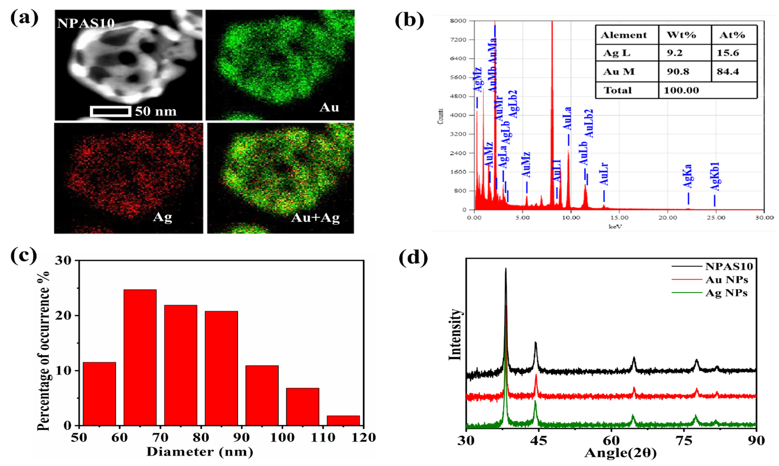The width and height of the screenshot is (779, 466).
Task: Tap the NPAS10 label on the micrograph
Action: pyautogui.click(x=86, y=24)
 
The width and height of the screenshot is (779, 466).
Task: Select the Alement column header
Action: pyautogui.click(x=624, y=35)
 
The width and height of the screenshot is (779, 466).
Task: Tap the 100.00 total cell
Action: pyautogui.click(x=681, y=90)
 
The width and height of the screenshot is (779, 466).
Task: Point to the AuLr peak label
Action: pyautogui.click(x=604, y=174)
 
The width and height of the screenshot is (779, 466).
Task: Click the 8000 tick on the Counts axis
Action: pyautogui.click(x=458, y=21)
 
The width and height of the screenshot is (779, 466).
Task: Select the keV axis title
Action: pyautogui.click(x=615, y=226)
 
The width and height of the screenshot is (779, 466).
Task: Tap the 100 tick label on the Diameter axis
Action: pyautogui.click(x=282, y=437)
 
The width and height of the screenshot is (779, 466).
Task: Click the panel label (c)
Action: pyautogui.click(x=24, y=256)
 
